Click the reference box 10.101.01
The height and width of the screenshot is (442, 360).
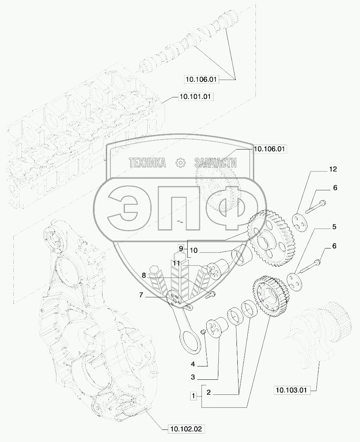click(x=195, y=97)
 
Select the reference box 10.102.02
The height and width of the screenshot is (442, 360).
click(x=186, y=429)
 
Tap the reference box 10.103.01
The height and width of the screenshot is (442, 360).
click(x=291, y=390)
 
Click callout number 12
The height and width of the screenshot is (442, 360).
click(x=333, y=169)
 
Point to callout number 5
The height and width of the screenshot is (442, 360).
click(x=334, y=227)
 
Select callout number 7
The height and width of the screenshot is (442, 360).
click(x=141, y=295)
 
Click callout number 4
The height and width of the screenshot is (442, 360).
click(x=193, y=364)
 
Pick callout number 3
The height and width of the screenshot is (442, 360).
click(x=193, y=377)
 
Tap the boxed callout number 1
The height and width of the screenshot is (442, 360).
click(x=193, y=396)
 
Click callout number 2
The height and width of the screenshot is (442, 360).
click(x=208, y=392)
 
